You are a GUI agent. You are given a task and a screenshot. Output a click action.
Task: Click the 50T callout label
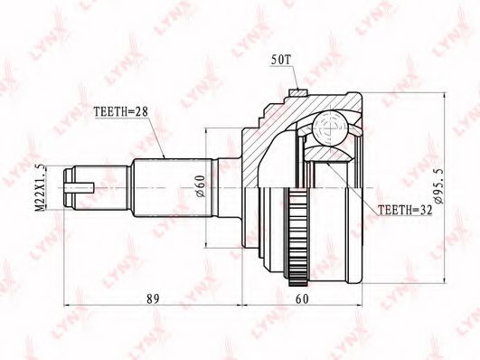pos(280,60)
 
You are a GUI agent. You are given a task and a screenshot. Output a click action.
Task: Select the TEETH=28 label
pos(120,112)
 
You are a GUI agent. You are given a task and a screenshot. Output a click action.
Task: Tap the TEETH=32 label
pos(405,210)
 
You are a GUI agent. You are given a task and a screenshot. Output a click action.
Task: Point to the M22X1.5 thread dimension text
pos(41,187)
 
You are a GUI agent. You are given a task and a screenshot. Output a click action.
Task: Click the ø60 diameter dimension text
pos(200,186)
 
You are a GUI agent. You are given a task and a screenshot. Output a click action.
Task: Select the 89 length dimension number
pos(153,299)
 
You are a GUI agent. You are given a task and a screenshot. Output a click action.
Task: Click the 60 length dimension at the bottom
pos(302,299)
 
